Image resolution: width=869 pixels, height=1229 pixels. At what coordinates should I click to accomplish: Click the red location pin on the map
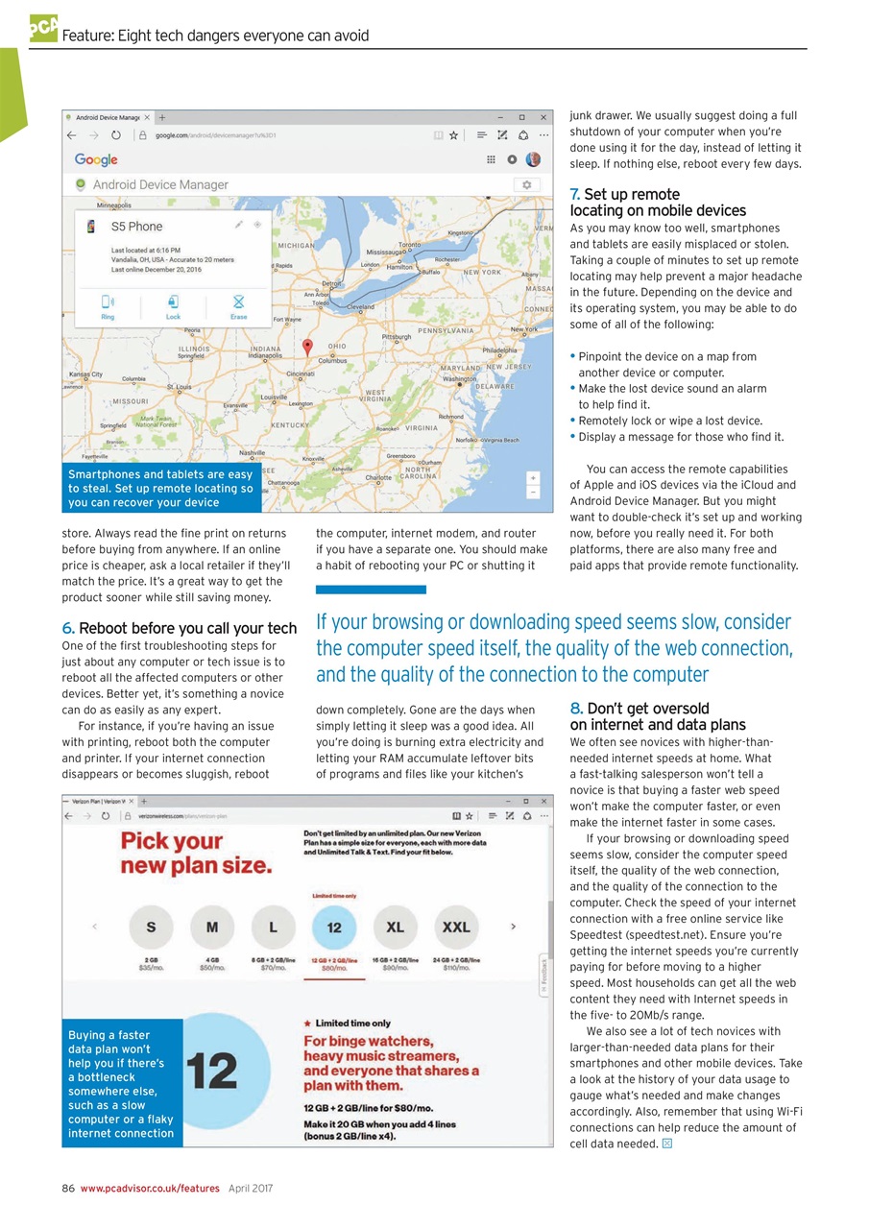click(307, 347)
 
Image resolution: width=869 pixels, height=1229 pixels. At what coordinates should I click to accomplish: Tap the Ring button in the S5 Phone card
click(108, 306)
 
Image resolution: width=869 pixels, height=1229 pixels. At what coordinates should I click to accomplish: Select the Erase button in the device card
click(238, 306)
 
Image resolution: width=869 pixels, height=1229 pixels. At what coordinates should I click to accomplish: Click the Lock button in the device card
click(173, 306)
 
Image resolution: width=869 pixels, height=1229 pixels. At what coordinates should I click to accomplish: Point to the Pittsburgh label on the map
click(397, 337)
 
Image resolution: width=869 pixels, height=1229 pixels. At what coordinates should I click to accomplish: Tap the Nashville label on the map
click(252, 452)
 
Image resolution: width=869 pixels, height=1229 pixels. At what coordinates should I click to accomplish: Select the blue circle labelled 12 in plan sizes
click(334, 928)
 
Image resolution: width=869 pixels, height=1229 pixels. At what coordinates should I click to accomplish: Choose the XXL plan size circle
click(456, 928)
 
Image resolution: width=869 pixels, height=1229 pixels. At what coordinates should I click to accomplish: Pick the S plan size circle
click(151, 928)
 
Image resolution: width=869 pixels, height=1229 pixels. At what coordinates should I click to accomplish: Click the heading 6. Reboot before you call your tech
click(179, 629)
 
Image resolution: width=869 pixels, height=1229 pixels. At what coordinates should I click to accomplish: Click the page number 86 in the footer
click(68, 1188)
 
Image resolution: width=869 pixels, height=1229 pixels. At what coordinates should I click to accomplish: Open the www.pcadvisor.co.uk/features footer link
click(150, 1188)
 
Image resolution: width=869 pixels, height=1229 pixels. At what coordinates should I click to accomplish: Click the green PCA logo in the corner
click(43, 28)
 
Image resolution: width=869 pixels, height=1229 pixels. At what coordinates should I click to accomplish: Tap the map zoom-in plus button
click(533, 478)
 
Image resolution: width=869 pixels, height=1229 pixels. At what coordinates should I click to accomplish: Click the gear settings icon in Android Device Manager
click(526, 184)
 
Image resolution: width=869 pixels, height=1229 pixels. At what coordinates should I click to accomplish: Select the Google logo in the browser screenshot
click(96, 159)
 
